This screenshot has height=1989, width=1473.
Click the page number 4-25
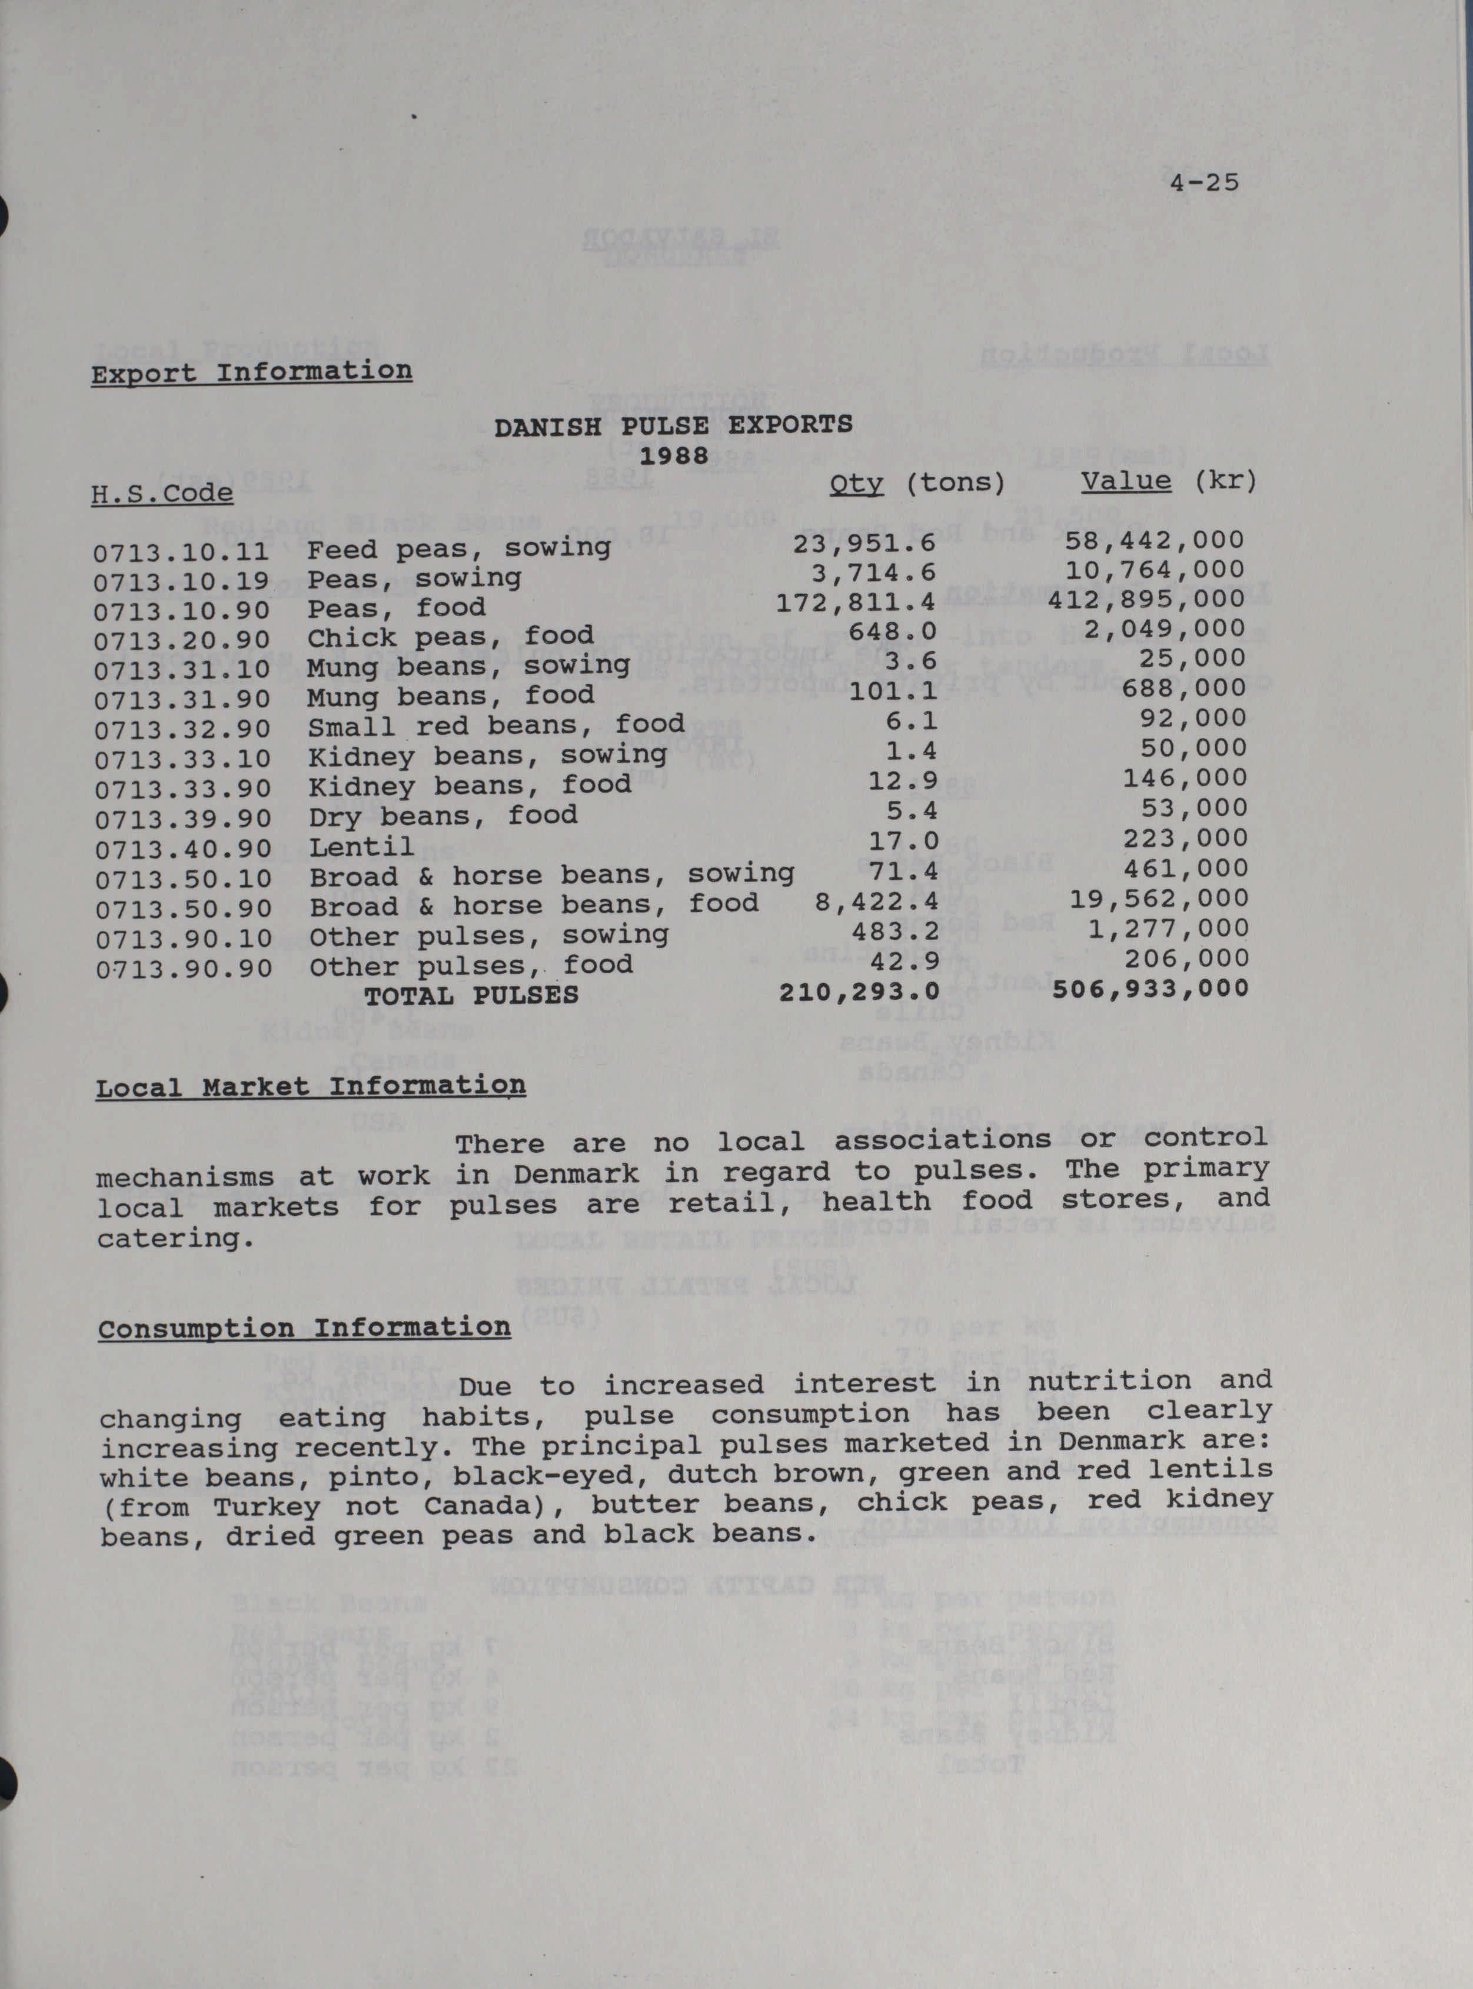(x=1205, y=183)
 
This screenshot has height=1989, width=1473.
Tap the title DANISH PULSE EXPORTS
(x=673, y=426)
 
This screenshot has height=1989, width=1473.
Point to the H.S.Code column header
(x=162, y=493)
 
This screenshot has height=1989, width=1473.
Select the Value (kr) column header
(x=1169, y=481)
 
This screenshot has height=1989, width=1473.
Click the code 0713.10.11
(x=181, y=553)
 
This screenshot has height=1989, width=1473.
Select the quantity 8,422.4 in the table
(x=876, y=902)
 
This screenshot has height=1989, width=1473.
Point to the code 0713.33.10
(x=183, y=760)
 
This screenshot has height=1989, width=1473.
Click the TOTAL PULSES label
(x=471, y=995)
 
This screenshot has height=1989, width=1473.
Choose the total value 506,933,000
(x=1151, y=989)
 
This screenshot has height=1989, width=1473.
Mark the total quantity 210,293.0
(x=859, y=990)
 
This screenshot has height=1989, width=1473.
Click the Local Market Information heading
(x=310, y=1087)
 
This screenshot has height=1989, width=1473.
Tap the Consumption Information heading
(x=304, y=1328)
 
